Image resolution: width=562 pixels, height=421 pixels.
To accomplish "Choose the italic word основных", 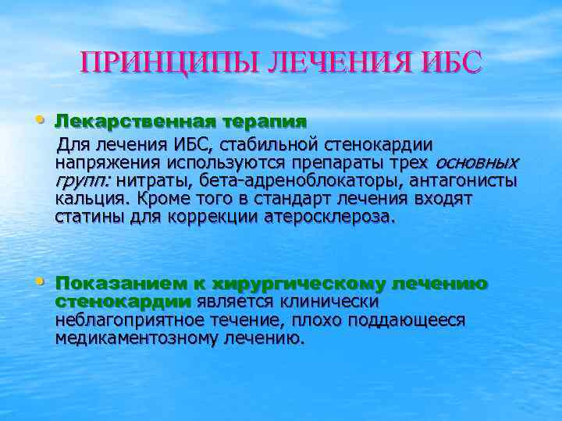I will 475,164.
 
